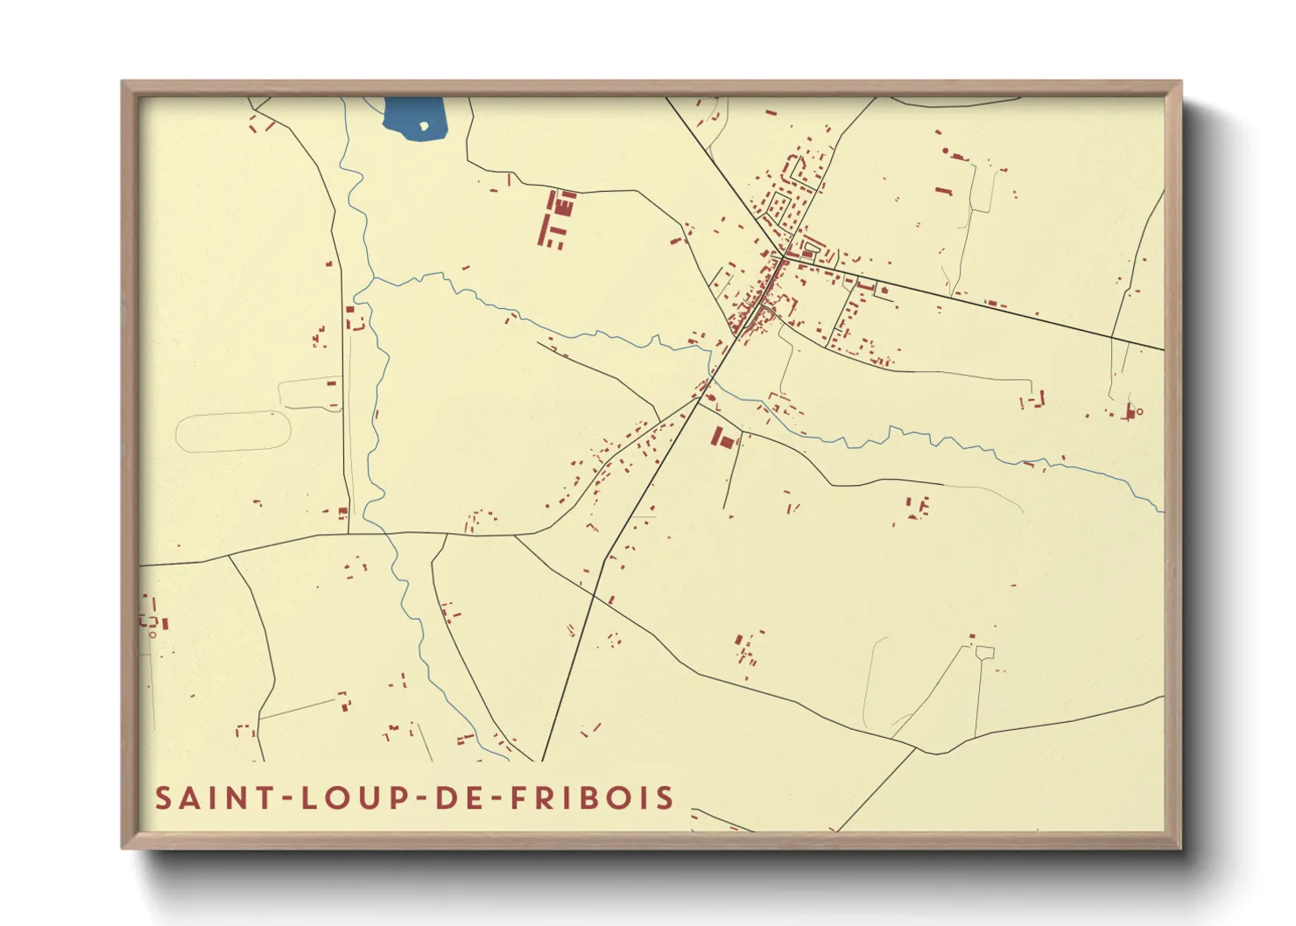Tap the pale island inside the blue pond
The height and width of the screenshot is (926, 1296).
coord(425,125)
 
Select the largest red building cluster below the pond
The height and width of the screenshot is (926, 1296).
coord(556,219)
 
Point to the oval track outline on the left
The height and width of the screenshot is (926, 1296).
coord(233,431)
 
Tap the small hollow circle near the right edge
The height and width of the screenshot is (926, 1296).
coord(1139,411)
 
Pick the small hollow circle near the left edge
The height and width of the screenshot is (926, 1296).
coord(152,634)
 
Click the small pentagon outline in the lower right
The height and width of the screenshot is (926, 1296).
coord(984,652)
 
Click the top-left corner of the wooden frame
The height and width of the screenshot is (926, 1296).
coord(123,82)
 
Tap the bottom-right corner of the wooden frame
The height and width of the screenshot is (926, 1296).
coord(1180,847)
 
